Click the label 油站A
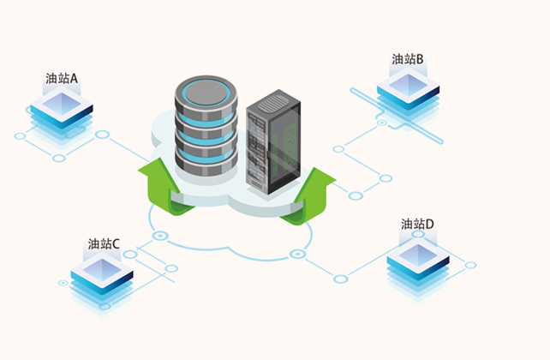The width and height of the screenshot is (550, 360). [63, 79]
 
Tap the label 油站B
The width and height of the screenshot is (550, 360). [409, 59]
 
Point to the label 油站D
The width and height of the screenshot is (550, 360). [417, 225]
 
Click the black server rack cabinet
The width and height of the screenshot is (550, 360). [273, 141]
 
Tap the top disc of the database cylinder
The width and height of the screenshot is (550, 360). [204, 89]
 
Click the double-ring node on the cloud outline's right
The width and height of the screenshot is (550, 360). [298, 255]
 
